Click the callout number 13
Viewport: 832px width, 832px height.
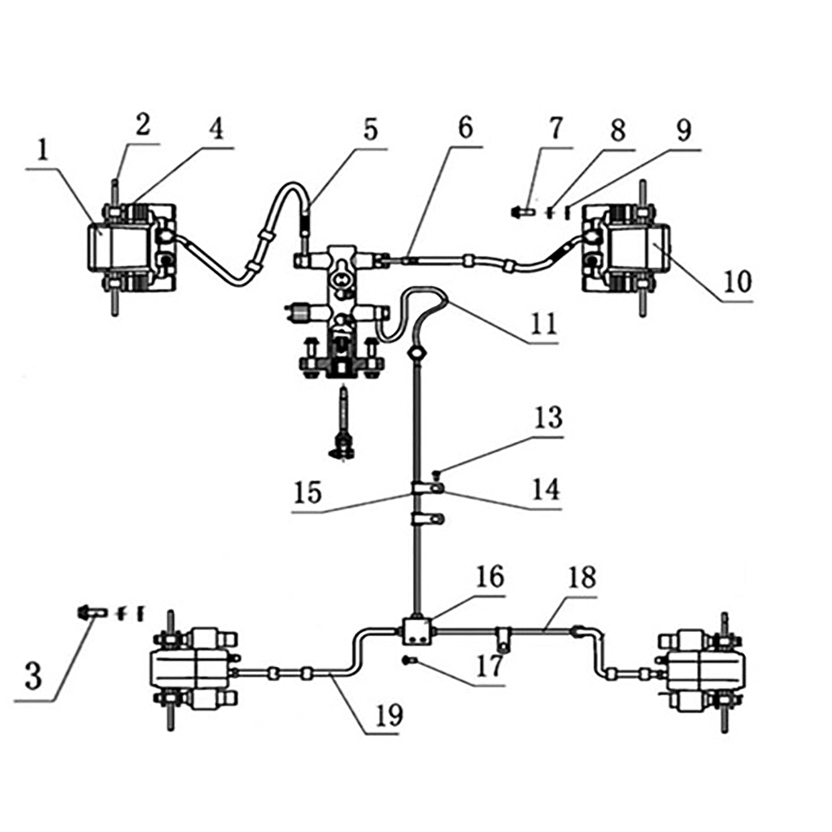coord(548,417)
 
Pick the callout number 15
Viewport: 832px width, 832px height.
coord(307,492)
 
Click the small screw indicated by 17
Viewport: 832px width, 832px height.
coord(407,659)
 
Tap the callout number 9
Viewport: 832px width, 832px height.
coord(684,131)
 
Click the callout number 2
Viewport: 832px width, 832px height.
coord(143,125)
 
